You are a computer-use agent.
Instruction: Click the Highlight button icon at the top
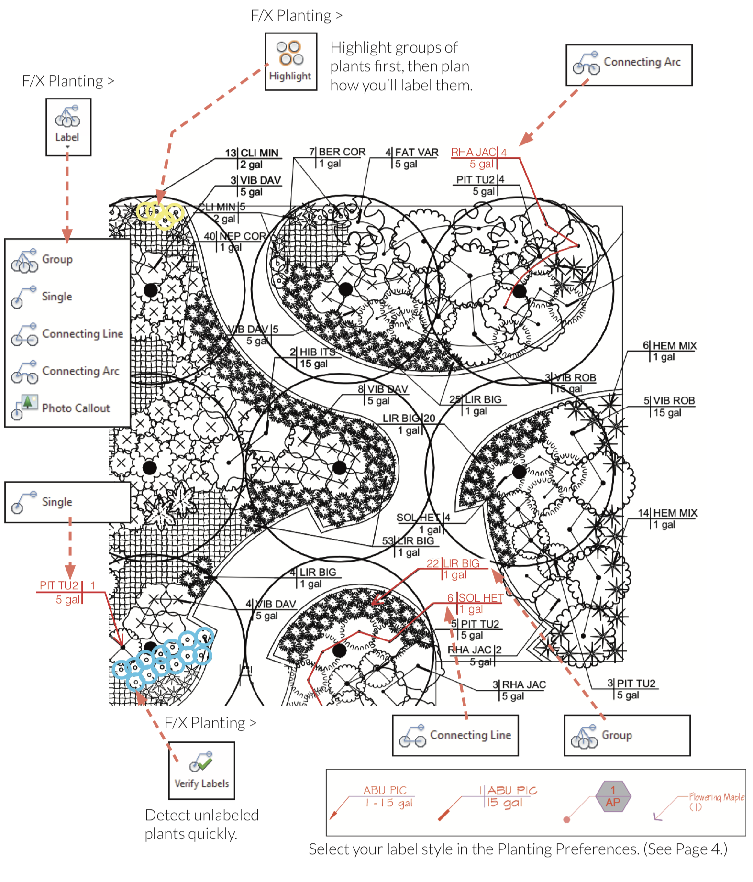coord(291,61)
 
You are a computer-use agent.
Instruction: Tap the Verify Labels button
coord(201,770)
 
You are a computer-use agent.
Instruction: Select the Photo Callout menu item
coord(67,408)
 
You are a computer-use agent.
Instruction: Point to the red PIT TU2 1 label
coord(67,592)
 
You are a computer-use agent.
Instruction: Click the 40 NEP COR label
coord(236,242)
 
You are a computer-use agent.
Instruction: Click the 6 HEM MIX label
coord(670,351)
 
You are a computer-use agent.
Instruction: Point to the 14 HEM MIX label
coord(668,518)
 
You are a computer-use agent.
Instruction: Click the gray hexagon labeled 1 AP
coord(613,796)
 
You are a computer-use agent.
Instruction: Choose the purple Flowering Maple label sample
coord(716,801)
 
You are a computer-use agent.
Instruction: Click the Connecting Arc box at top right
coord(629,65)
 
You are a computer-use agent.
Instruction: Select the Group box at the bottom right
coord(627,735)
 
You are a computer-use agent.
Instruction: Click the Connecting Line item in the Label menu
coord(67,333)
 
